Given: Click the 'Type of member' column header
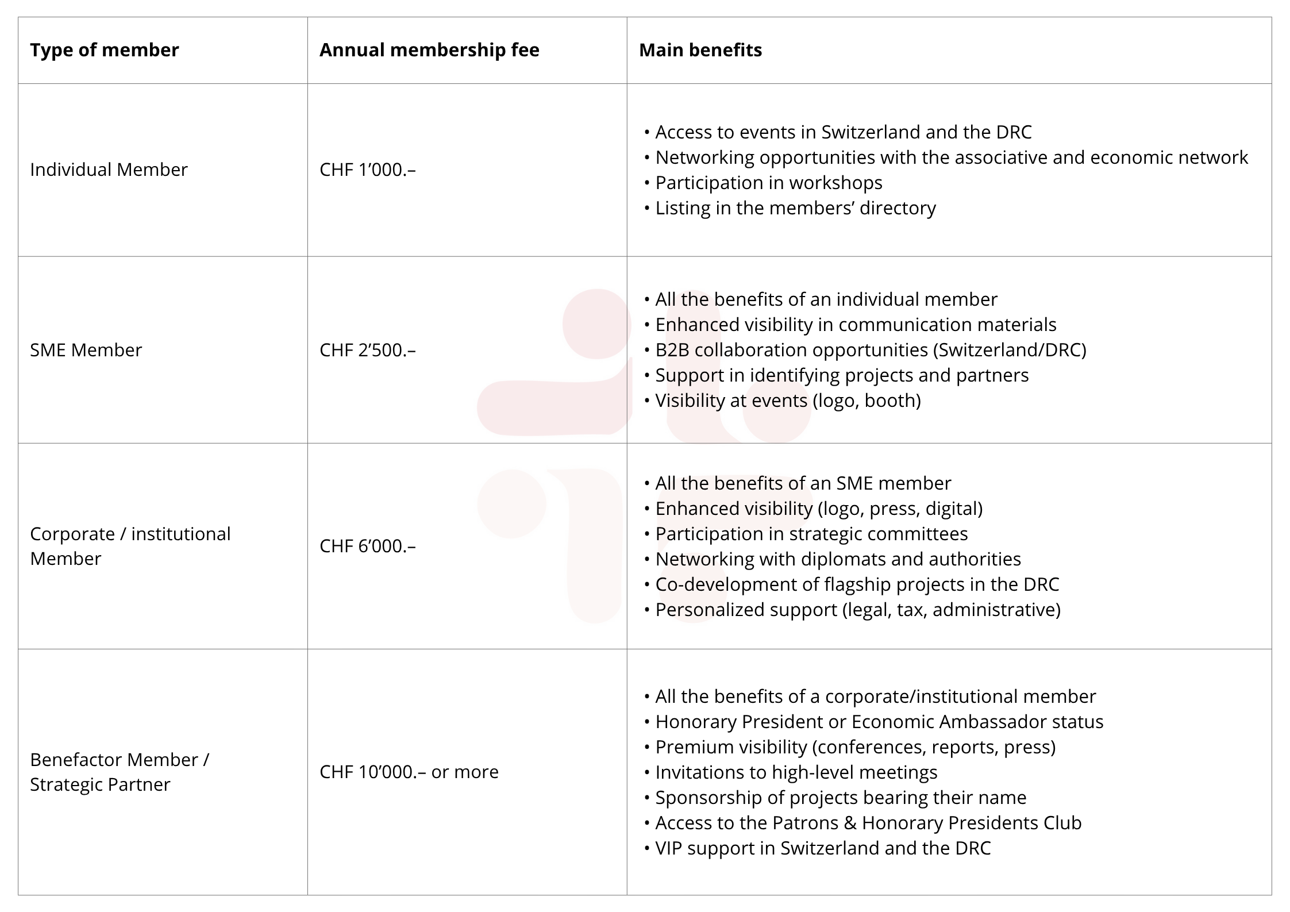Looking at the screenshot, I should click(104, 50).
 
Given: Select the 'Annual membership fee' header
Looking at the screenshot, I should click(429, 50).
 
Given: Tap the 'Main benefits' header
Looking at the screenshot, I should click(700, 50).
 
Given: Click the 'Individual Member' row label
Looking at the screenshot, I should click(109, 170).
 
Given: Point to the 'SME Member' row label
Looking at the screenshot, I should click(86, 350).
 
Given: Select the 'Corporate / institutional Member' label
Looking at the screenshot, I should click(130, 546).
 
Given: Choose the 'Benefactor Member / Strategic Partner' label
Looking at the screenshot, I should click(120, 772).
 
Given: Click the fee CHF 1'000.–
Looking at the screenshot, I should click(368, 170).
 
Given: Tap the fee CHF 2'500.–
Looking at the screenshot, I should click(368, 350).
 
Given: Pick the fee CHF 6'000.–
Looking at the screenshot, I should click(368, 546).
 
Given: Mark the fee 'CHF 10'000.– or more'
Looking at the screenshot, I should click(409, 772).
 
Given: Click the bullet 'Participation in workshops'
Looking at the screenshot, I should click(768, 183).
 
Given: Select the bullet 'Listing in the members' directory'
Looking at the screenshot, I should click(795, 208).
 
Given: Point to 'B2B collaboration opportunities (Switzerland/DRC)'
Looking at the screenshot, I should click(871, 350).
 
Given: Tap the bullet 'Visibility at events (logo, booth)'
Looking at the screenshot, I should click(788, 401).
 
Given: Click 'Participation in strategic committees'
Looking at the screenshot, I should click(811, 534).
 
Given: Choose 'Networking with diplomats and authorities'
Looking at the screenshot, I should click(838, 559).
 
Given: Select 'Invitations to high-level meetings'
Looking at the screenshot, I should click(796, 772).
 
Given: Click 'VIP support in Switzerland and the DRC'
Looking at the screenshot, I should click(823, 848).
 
